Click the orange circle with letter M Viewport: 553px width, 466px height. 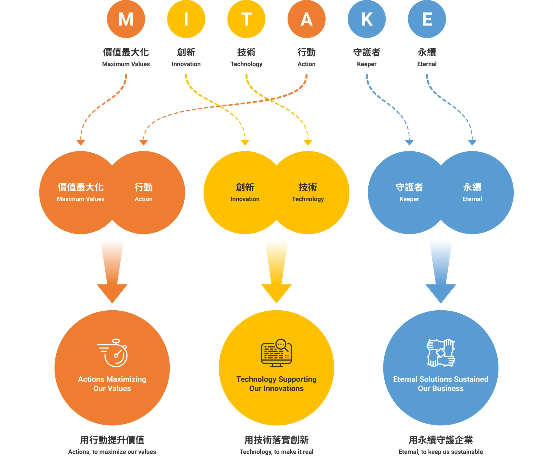pos(126,19)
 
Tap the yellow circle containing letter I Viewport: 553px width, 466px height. pos(186,19)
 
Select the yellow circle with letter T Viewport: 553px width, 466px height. pos(246,19)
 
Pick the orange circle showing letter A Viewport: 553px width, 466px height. pos(306,19)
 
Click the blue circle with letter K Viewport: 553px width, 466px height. pos(367,19)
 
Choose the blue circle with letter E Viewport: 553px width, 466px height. pos(427,19)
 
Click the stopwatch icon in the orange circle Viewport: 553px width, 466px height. pos(113,353)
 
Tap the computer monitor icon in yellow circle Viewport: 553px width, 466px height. pos(276,353)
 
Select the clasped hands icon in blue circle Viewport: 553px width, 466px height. pos(441,353)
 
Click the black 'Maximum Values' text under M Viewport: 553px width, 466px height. pos(126,64)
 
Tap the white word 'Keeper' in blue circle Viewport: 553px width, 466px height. pos(409,199)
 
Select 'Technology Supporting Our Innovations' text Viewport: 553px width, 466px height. pos(276,384)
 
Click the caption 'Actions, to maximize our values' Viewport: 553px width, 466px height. pos(112,452)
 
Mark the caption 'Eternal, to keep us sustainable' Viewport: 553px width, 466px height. pos(441,452)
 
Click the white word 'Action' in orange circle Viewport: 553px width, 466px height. pos(143,199)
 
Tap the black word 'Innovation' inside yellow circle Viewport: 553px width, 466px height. pos(245,199)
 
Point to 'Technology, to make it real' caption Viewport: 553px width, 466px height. pos(276,452)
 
